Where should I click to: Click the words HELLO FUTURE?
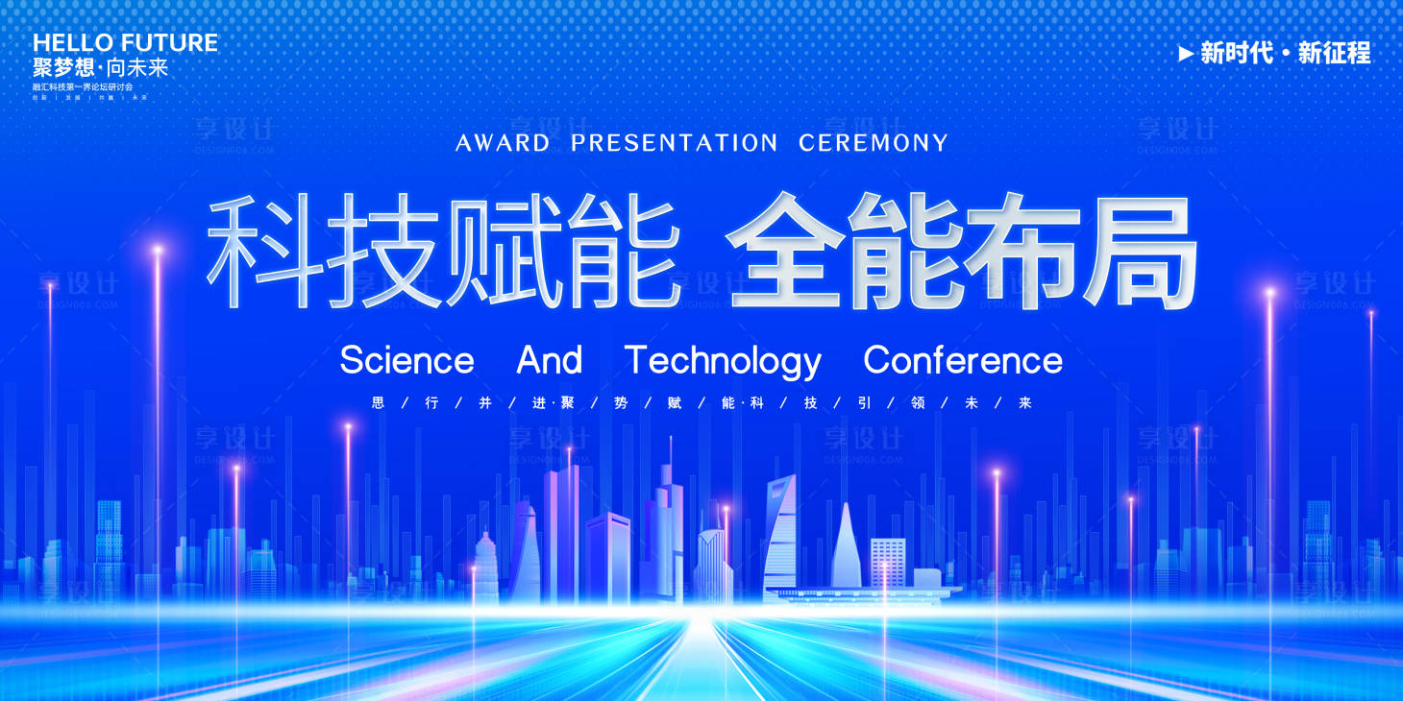[125, 43]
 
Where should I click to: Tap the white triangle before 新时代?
[1186, 54]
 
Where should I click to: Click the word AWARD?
[503, 144]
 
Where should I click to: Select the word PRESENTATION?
[674, 144]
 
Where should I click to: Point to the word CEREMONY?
[873, 144]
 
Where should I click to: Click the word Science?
[406, 361]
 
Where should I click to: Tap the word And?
[550, 361]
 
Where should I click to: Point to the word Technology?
[723, 362]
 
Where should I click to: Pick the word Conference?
[963, 361]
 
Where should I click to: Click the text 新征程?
[1334, 54]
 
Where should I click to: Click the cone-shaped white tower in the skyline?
[846, 547]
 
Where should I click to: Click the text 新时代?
[1237, 54]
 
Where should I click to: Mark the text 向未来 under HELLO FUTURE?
[137, 67]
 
